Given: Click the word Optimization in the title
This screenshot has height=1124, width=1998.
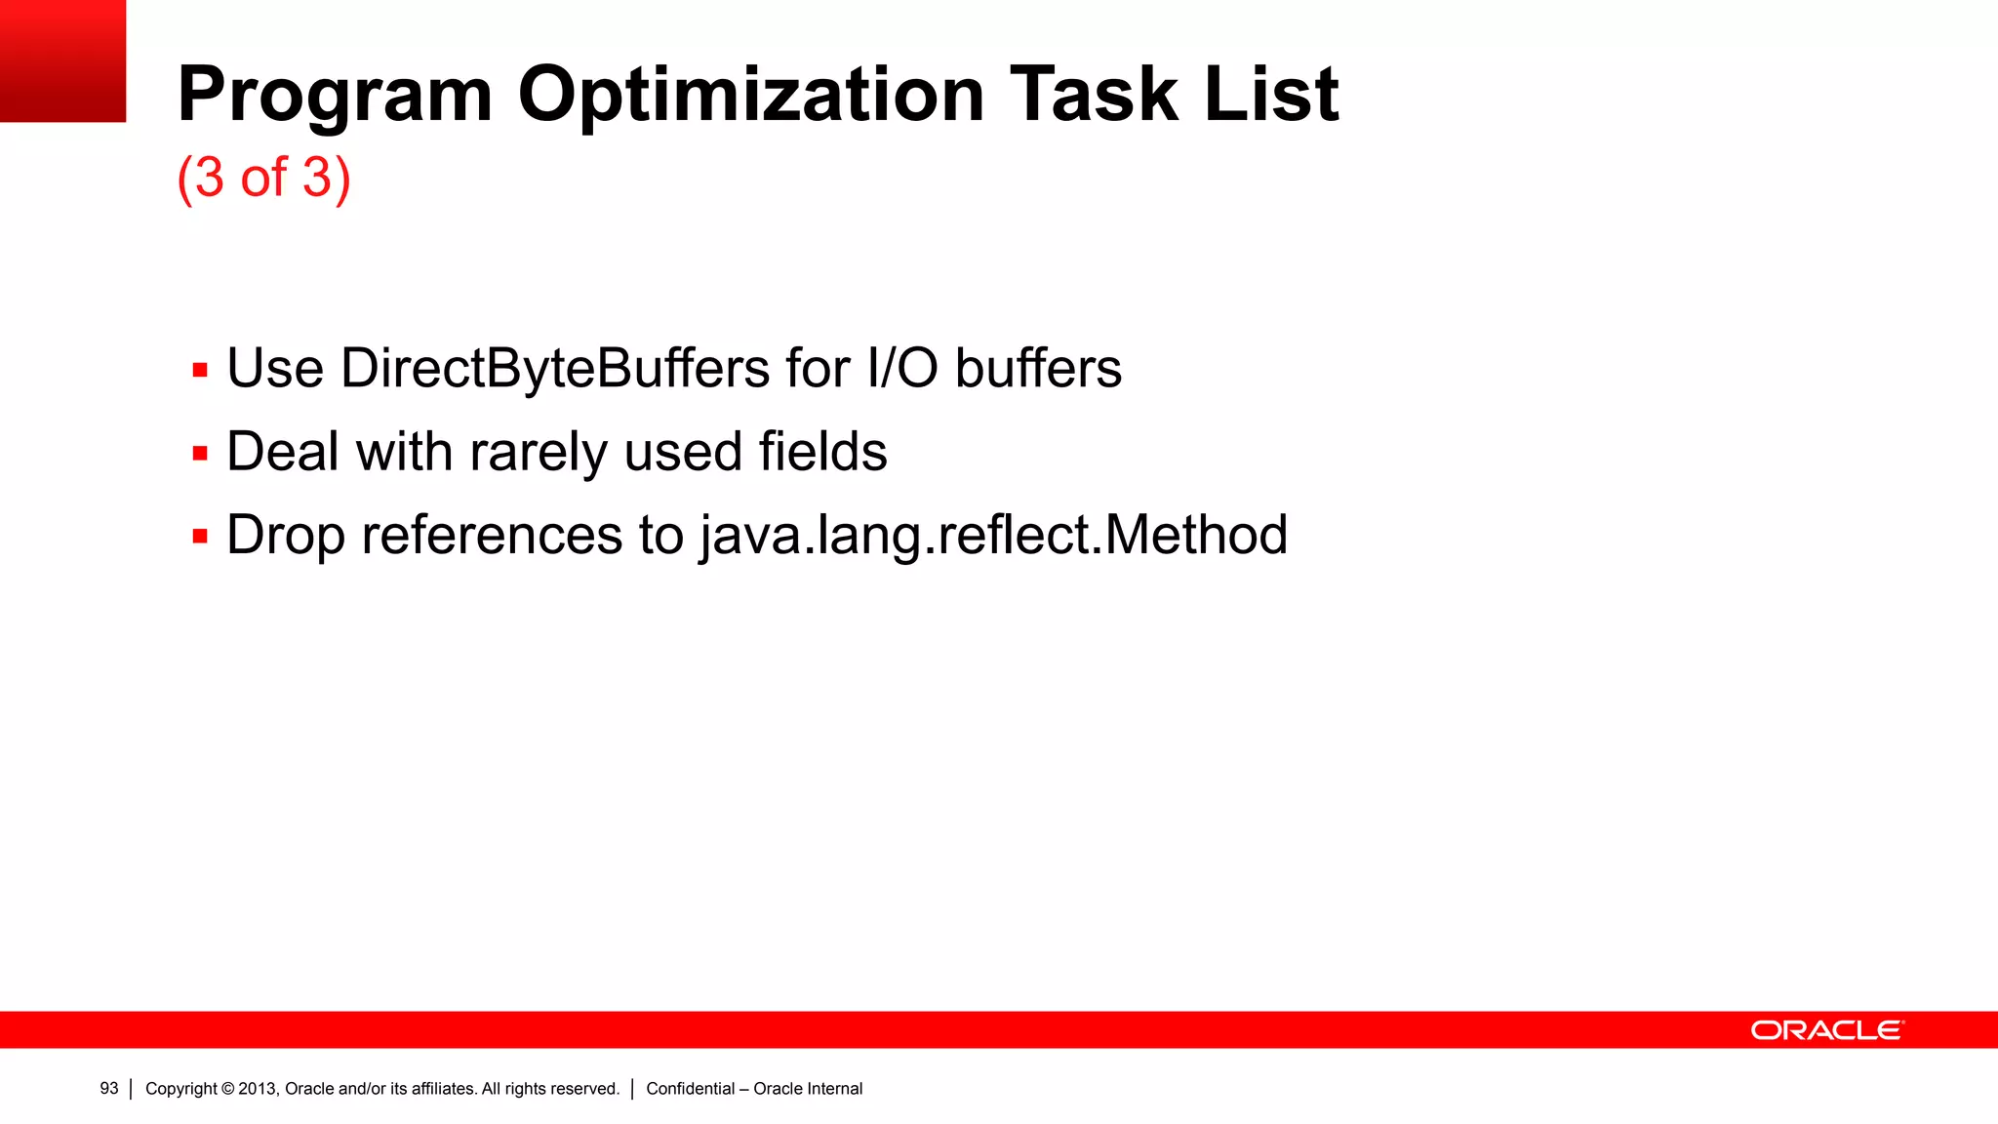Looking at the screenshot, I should click(x=750, y=95).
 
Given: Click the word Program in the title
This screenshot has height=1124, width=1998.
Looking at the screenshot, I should click(x=335, y=95).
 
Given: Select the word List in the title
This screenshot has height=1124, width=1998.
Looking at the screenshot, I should click(x=1271, y=95).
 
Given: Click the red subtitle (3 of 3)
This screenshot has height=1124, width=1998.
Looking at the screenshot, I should click(x=263, y=178).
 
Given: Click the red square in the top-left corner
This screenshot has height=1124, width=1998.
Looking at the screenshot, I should click(x=62, y=60).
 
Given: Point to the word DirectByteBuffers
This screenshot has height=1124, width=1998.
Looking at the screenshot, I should click(x=555, y=369).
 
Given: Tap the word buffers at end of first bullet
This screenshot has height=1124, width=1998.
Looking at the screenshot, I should click(x=1038, y=369).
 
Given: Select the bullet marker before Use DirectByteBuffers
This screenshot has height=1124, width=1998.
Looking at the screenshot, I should click(x=200, y=371).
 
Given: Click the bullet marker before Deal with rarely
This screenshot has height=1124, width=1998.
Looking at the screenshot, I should click(x=200, y=454).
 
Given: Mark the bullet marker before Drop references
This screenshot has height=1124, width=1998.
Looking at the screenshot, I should click(x=200, y=537).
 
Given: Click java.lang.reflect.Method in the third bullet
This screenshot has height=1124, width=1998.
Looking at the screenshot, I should click(x=993, y=536).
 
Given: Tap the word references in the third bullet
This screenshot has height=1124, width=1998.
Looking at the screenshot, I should click(x=492, y=536).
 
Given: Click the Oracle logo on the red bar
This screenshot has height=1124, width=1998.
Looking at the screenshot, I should click(x=1826, y=1030).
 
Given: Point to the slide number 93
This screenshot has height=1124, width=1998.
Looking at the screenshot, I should click(x=109, y=1089).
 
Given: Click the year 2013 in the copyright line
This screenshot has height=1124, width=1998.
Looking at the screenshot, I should click(x=258, y=1089).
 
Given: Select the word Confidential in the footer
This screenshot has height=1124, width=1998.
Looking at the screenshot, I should click(x=690, y=1089).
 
